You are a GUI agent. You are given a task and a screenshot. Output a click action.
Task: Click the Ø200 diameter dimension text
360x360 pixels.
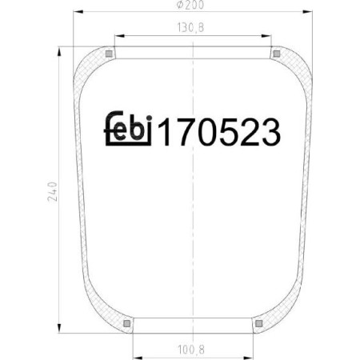(x=193, y=6)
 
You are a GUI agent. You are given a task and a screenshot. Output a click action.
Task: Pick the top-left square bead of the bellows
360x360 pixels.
(x=108, y=54)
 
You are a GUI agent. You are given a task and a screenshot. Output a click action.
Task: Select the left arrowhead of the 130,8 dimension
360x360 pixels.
(x=116, y=35)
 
